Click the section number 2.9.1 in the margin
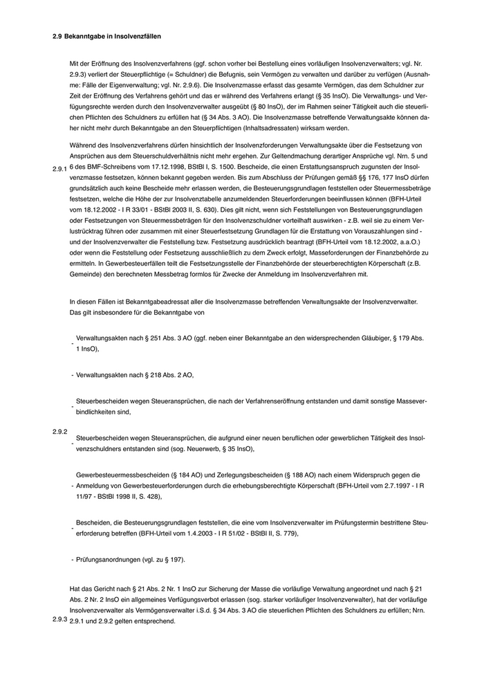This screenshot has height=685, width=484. pyautogui.click(x=60, y=167)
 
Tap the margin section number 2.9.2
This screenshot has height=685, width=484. pyautogui.click(x=60, y=432)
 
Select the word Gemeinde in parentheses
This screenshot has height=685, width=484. pyautogui.click(x=86, y=274)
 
